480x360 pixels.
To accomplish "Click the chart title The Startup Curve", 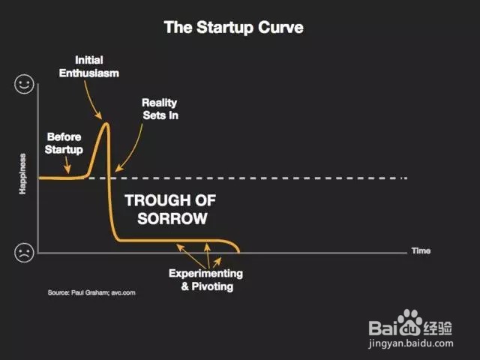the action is point(233,28).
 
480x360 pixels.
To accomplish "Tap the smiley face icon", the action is point(24,83).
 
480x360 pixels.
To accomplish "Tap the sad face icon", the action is point(24,253).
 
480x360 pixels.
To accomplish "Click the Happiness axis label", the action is point(22,174).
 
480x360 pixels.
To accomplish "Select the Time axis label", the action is point(421,250).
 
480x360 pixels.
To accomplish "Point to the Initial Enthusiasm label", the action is point(89,67).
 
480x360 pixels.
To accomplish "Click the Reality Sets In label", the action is point(160,109).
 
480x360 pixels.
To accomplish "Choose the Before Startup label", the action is point(64,143).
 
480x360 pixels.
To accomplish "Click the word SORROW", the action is point(172,218).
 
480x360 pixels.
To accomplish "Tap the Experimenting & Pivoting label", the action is point(205,280).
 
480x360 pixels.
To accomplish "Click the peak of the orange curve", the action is point(106,123).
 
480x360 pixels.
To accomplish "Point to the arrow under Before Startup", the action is point(67,165).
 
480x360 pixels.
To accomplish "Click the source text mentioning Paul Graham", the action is point(91,292).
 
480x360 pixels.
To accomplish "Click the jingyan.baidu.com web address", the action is point(411,343).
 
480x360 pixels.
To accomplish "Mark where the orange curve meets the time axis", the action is point(239,253).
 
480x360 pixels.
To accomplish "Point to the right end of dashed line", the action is point(406,178).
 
